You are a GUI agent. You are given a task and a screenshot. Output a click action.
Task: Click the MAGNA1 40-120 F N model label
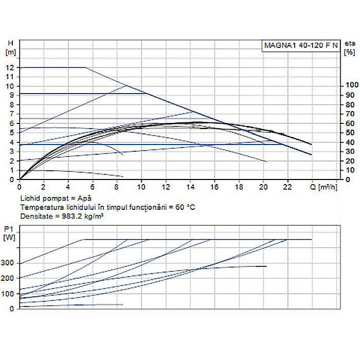[x=301, y=45]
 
